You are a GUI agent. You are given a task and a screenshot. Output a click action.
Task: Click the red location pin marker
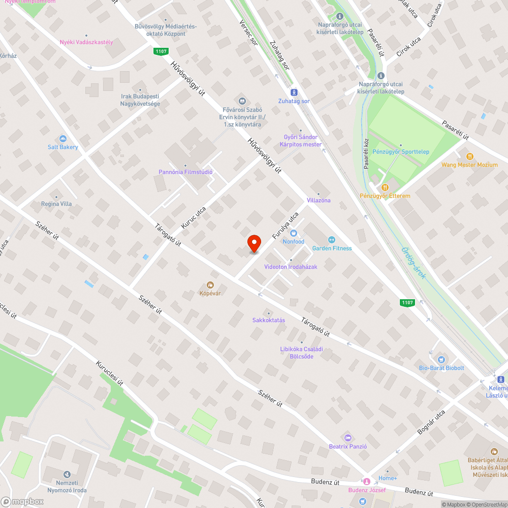pos(254,243)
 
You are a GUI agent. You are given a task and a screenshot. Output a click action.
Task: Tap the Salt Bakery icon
pos(63,139)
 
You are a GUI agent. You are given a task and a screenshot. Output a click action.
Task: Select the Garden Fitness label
pos(332,248)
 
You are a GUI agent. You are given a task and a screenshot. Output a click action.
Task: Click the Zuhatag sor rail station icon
pos(293,92)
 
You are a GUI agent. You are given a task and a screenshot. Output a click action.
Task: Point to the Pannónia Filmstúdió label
pos(185,172)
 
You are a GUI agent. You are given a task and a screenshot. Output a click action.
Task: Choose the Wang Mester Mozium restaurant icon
pos(469,156)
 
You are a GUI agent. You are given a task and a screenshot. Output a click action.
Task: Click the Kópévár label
pos(210,293)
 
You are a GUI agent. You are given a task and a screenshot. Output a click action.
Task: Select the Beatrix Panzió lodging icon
pos(348,437)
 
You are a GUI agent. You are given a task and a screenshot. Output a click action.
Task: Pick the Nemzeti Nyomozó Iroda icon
pos(67,474)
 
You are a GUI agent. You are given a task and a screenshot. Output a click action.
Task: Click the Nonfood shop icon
pos(294,233)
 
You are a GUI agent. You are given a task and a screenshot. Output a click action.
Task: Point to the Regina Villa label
pos(56,204)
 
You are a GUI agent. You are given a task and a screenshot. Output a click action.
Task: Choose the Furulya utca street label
pos(285,226)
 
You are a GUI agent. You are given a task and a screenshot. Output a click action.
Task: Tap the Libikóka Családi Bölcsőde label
pos(301,353)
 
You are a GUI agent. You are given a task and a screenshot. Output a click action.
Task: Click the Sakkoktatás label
pos(269,320)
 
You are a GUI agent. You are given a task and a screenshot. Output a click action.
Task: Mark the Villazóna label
pos(319,200)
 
